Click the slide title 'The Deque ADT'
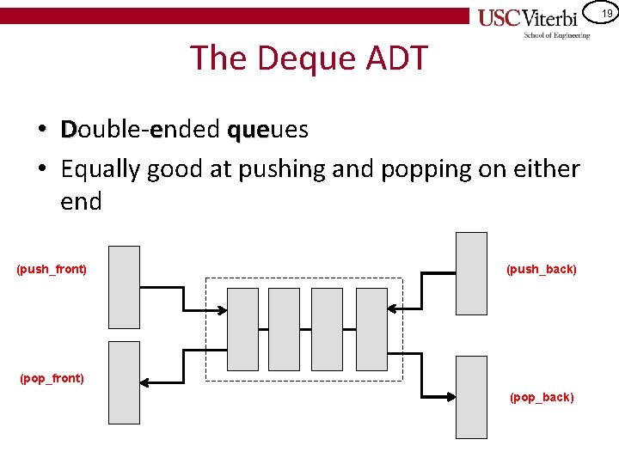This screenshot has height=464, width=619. [x=309, y=58]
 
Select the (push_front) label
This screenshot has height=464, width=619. [x=52, y=269]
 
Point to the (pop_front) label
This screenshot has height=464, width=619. [x=52, y=378]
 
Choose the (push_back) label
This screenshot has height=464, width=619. [x=542, y=269]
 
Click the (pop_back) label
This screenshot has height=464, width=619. [x=542, y=397]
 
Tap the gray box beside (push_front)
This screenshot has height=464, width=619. [x=125, y=287]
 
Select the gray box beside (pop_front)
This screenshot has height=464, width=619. [x=125, y=382]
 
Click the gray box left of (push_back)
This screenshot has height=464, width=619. [x=471, y=273]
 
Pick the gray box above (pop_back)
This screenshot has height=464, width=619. [x=471, y=397]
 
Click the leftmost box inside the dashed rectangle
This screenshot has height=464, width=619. [x=242, y=329]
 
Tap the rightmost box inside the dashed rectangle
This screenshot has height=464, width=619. [x=371, y=329]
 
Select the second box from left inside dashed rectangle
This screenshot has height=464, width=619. [x=285, y=329]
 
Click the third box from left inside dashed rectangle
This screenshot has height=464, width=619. [x=327, y=329]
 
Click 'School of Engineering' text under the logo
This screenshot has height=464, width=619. [x=557, y=35]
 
